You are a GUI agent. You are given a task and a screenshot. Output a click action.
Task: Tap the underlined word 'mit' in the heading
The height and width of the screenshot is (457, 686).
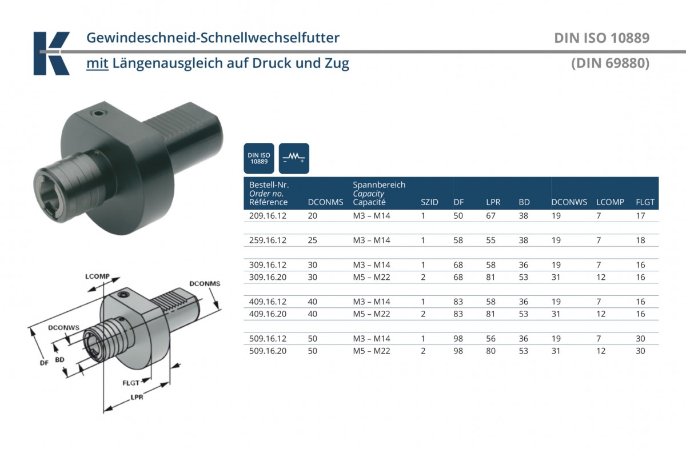pyautogui.click(x=97, y=63)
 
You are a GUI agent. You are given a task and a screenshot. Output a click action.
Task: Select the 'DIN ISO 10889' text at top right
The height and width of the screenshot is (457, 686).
pyautogui.click(x=602, y=38)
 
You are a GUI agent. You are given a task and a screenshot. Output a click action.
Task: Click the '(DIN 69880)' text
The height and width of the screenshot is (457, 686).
pyautogui.click(x=610, y=63)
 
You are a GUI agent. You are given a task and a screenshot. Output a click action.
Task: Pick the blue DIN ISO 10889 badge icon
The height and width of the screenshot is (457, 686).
pyautogui.click(x=259, y=158)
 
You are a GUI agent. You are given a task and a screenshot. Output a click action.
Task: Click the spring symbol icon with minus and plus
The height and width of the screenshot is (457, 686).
pyautogui.click(x=294, y=158)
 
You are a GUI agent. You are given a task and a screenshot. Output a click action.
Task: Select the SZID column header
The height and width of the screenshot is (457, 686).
pyautogui.click(x=429, y=202)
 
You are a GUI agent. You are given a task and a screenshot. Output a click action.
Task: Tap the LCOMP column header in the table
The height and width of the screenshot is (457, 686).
pyautogui.click(x=610, y=202)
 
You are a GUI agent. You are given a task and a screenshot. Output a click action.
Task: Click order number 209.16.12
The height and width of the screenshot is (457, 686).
pyautogui.click(x=268, y=216)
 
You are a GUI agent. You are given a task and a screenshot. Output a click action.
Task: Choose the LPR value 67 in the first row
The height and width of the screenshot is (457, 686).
pyautogui.click(x=490, y=216)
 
